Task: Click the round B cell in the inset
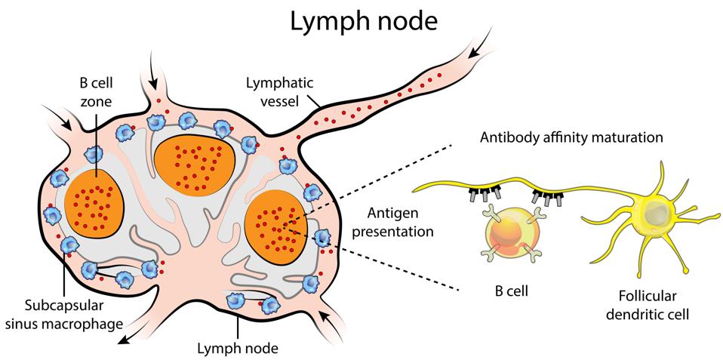(509, 233)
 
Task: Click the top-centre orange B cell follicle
(195, 166)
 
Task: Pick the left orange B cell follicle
(94, 205)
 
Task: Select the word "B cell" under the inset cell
(510, 291)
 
